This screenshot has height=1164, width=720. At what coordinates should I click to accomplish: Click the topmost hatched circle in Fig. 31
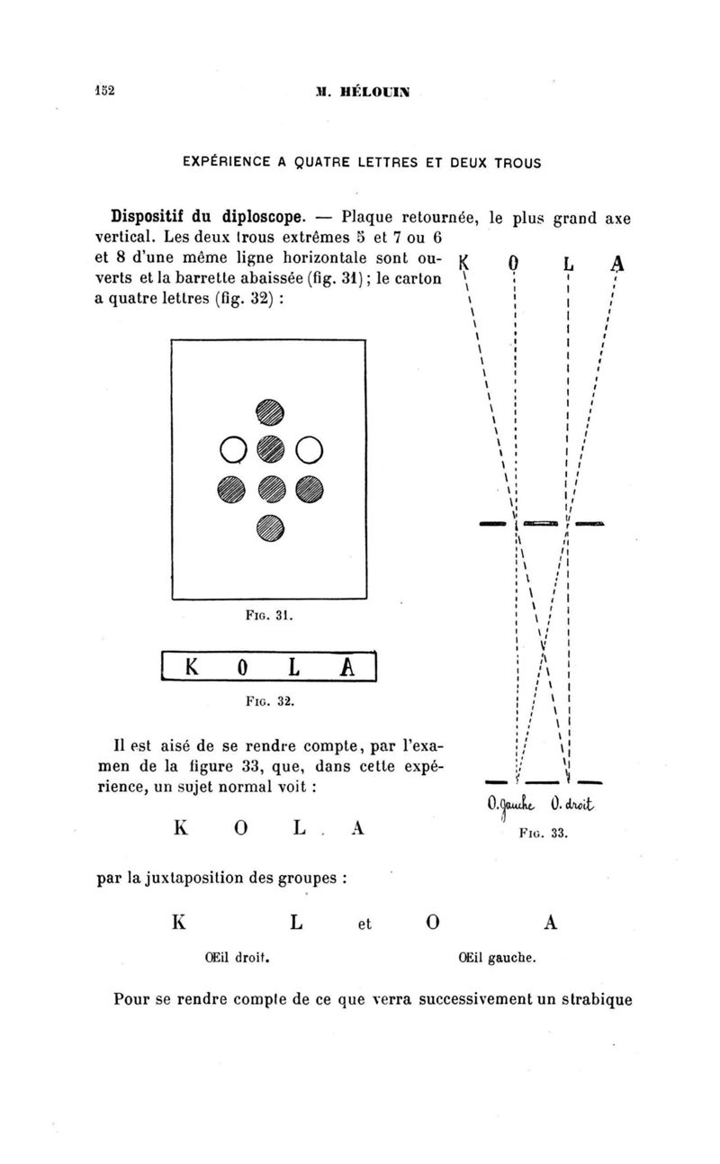pyautogui.click(x=270, y=410)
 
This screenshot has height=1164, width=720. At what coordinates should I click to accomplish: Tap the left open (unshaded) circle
pyautogui.click(x=229, y=447)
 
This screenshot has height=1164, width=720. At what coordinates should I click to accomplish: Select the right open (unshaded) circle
pyautogui.click(x=310, y=447)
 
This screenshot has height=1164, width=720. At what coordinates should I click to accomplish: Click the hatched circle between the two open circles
pyautogui.click(x=270, y=447)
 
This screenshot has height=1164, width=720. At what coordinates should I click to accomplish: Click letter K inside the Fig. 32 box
pyautogui.click(x=191, y=668)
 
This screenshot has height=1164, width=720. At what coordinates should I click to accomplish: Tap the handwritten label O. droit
pyautogui.click(x=571, y=805)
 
